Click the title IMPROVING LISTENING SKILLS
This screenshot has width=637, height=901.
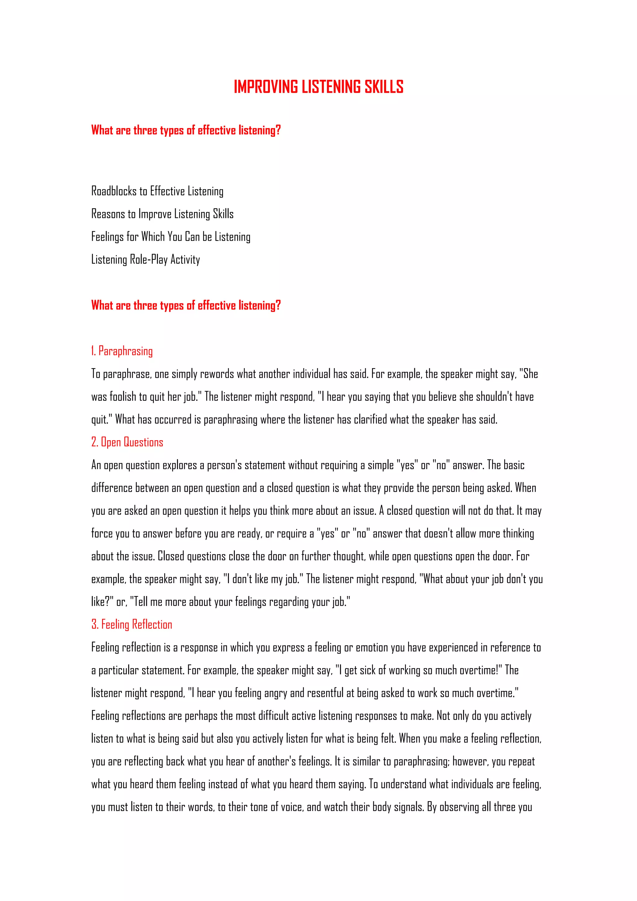click(x=318, y=87)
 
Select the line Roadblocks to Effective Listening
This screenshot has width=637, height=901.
click(x=157, y=191)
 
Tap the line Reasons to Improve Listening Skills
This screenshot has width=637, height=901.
click(x=162, y=214)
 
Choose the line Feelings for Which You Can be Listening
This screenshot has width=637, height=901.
click(x=171, y=237)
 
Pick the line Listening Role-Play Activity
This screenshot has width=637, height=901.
click(x=146, y=259)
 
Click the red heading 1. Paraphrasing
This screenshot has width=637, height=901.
click(x=122, y=351)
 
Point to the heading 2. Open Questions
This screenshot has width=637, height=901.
click(x=127, y=442)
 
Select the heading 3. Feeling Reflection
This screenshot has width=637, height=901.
click(x=132, y=624)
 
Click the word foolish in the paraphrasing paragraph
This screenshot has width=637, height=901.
click(x=123, y=397)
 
